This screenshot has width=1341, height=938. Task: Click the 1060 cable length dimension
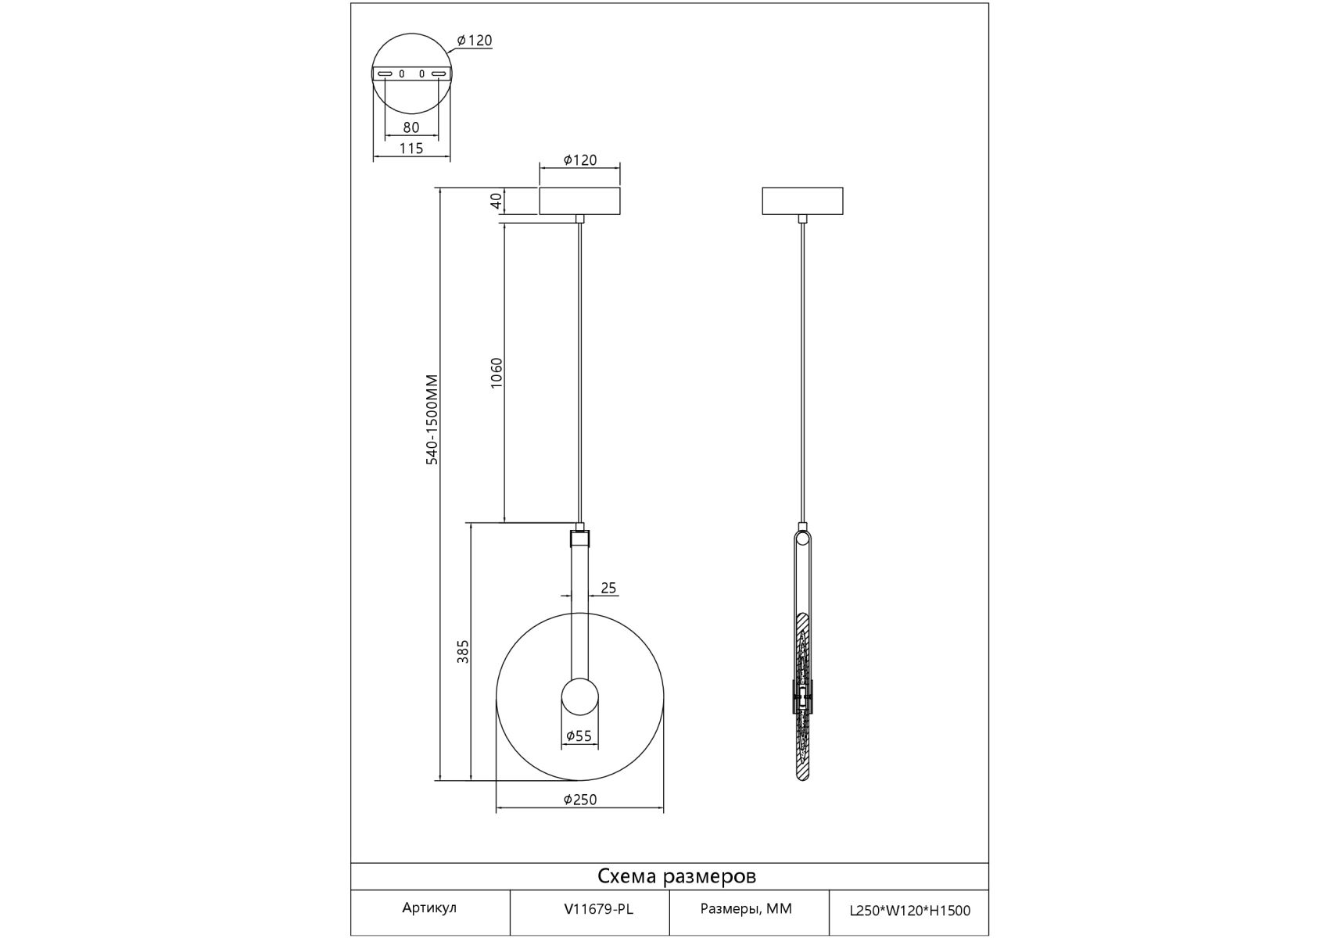(496, 374)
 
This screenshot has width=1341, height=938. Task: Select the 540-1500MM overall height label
(432, 420)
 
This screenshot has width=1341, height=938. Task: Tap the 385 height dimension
(463, 652)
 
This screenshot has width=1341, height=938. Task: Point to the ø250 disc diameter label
(580, 800)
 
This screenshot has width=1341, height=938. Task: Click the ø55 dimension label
(579, 736)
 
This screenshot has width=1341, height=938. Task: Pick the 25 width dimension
(609, 588)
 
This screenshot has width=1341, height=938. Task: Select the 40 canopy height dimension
(496, 201)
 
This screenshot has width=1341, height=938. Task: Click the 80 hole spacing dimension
(411, 127)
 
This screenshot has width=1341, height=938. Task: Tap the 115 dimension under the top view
(411, 148)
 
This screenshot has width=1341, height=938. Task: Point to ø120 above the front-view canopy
(580, 160)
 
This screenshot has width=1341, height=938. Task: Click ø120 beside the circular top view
(475, 41)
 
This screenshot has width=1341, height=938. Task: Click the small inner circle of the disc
(580, 697)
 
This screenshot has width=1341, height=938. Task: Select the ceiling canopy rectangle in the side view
(802, 201)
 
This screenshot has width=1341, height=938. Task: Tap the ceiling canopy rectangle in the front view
(580, 201)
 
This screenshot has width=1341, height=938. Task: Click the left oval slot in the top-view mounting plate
(385, 73)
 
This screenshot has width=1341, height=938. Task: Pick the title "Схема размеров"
(677, 876)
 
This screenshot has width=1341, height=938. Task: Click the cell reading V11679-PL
(599, 909)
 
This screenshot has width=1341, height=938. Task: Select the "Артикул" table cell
(429, 908)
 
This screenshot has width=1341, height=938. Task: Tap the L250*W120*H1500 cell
(910, 910)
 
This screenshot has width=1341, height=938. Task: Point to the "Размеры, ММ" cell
(746, 909)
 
